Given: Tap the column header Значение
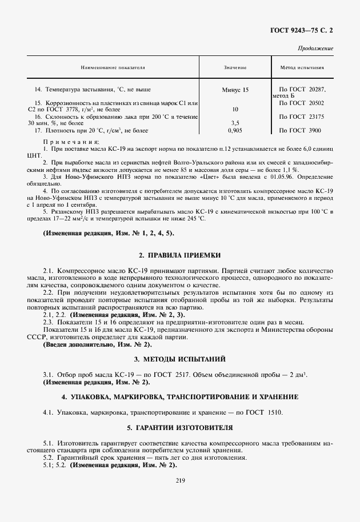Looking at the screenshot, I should (x=235, y=67).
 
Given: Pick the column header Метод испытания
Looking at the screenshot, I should (x=302, y=67).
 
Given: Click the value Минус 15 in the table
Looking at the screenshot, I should (x=235, y=90).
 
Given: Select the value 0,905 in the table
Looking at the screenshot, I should (x=235, y=130).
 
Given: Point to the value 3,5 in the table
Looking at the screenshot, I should (x=235, y=122).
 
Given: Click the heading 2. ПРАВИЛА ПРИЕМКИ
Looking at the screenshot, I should (x=179, y=254).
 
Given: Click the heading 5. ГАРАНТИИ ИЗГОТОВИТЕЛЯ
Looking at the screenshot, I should (x=179, y=428).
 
